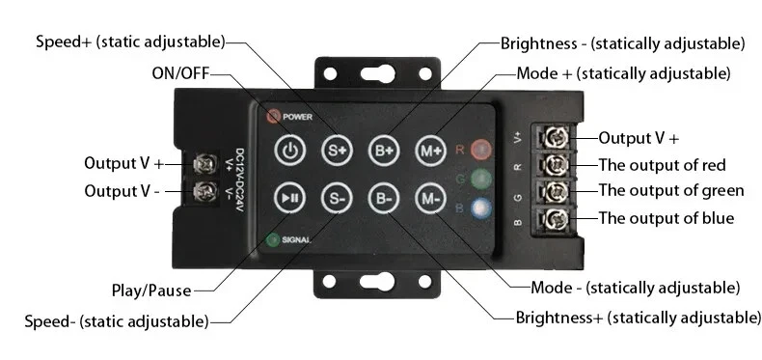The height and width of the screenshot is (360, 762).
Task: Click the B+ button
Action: click(x=383, y=150)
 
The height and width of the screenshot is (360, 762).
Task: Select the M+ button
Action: click(x=430, y=150)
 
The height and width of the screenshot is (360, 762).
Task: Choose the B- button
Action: click(x=383, y=199)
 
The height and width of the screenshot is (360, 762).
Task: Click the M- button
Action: click(x=430, y=199)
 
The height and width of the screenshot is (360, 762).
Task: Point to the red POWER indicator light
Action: click(x=273, y=117)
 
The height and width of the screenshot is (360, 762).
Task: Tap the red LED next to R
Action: click(x=480, y=149)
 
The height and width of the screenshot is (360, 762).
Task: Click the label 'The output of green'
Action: click(x=670, y=190)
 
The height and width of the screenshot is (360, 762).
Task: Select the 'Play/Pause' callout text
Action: click(x=150, y=290)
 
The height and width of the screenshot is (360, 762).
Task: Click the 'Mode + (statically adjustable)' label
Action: click(x=623, y=73)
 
